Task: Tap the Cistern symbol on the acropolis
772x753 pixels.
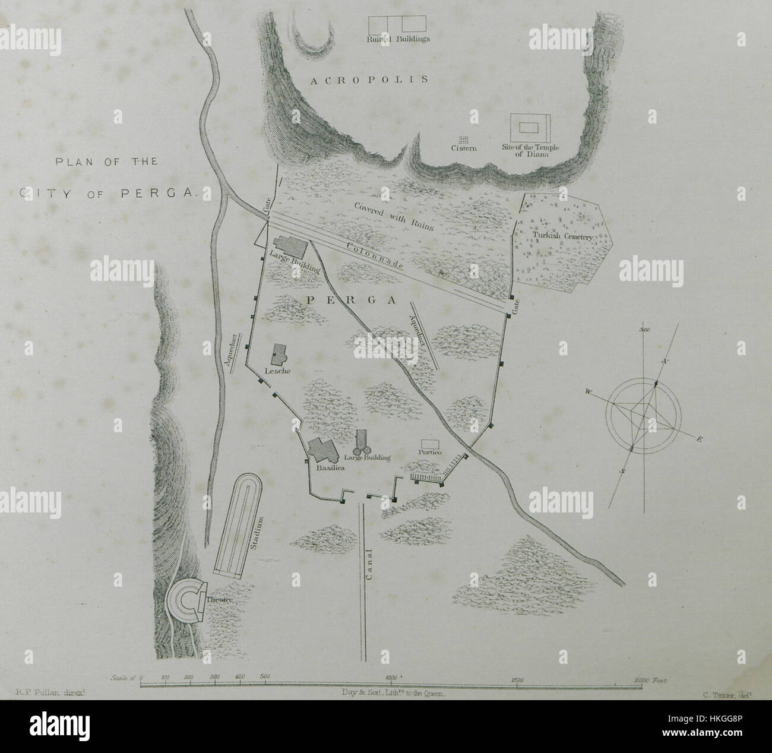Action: [x=464, y=139]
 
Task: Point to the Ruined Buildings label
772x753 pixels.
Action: [x=398, y=39]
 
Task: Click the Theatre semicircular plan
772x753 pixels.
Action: [x=185, y=600]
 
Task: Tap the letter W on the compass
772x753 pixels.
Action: [x=588, y=391]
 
